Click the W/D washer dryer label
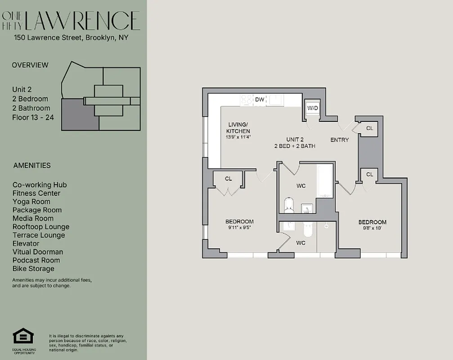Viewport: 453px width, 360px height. pos(312,108)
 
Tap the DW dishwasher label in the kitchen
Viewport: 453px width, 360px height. pos(260,99)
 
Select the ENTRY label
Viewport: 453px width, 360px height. pos(339,140)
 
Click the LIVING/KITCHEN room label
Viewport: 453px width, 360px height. pos(238,127)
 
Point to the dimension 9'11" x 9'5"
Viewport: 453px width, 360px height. pos(239,228)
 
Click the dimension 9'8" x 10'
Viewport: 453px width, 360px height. pos(372,228)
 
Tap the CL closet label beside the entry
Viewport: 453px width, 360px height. pos(369,128)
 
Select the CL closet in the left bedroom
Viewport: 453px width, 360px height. pos(229,179)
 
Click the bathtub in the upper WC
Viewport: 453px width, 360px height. pos(325,181)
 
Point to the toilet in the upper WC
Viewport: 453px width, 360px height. pos(289,205)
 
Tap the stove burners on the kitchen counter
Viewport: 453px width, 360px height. pos(247,99)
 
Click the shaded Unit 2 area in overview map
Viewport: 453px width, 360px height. pos(79,115)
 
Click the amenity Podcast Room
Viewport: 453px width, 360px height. pos(36,260)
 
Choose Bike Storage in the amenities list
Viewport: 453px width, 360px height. pos(33,269)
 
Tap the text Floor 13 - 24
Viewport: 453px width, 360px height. pos(31,117)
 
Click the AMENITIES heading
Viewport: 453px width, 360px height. pos(32,165)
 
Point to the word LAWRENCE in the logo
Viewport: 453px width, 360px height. pos(83,21)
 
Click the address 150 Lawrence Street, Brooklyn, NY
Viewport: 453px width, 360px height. pos(71,38)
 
